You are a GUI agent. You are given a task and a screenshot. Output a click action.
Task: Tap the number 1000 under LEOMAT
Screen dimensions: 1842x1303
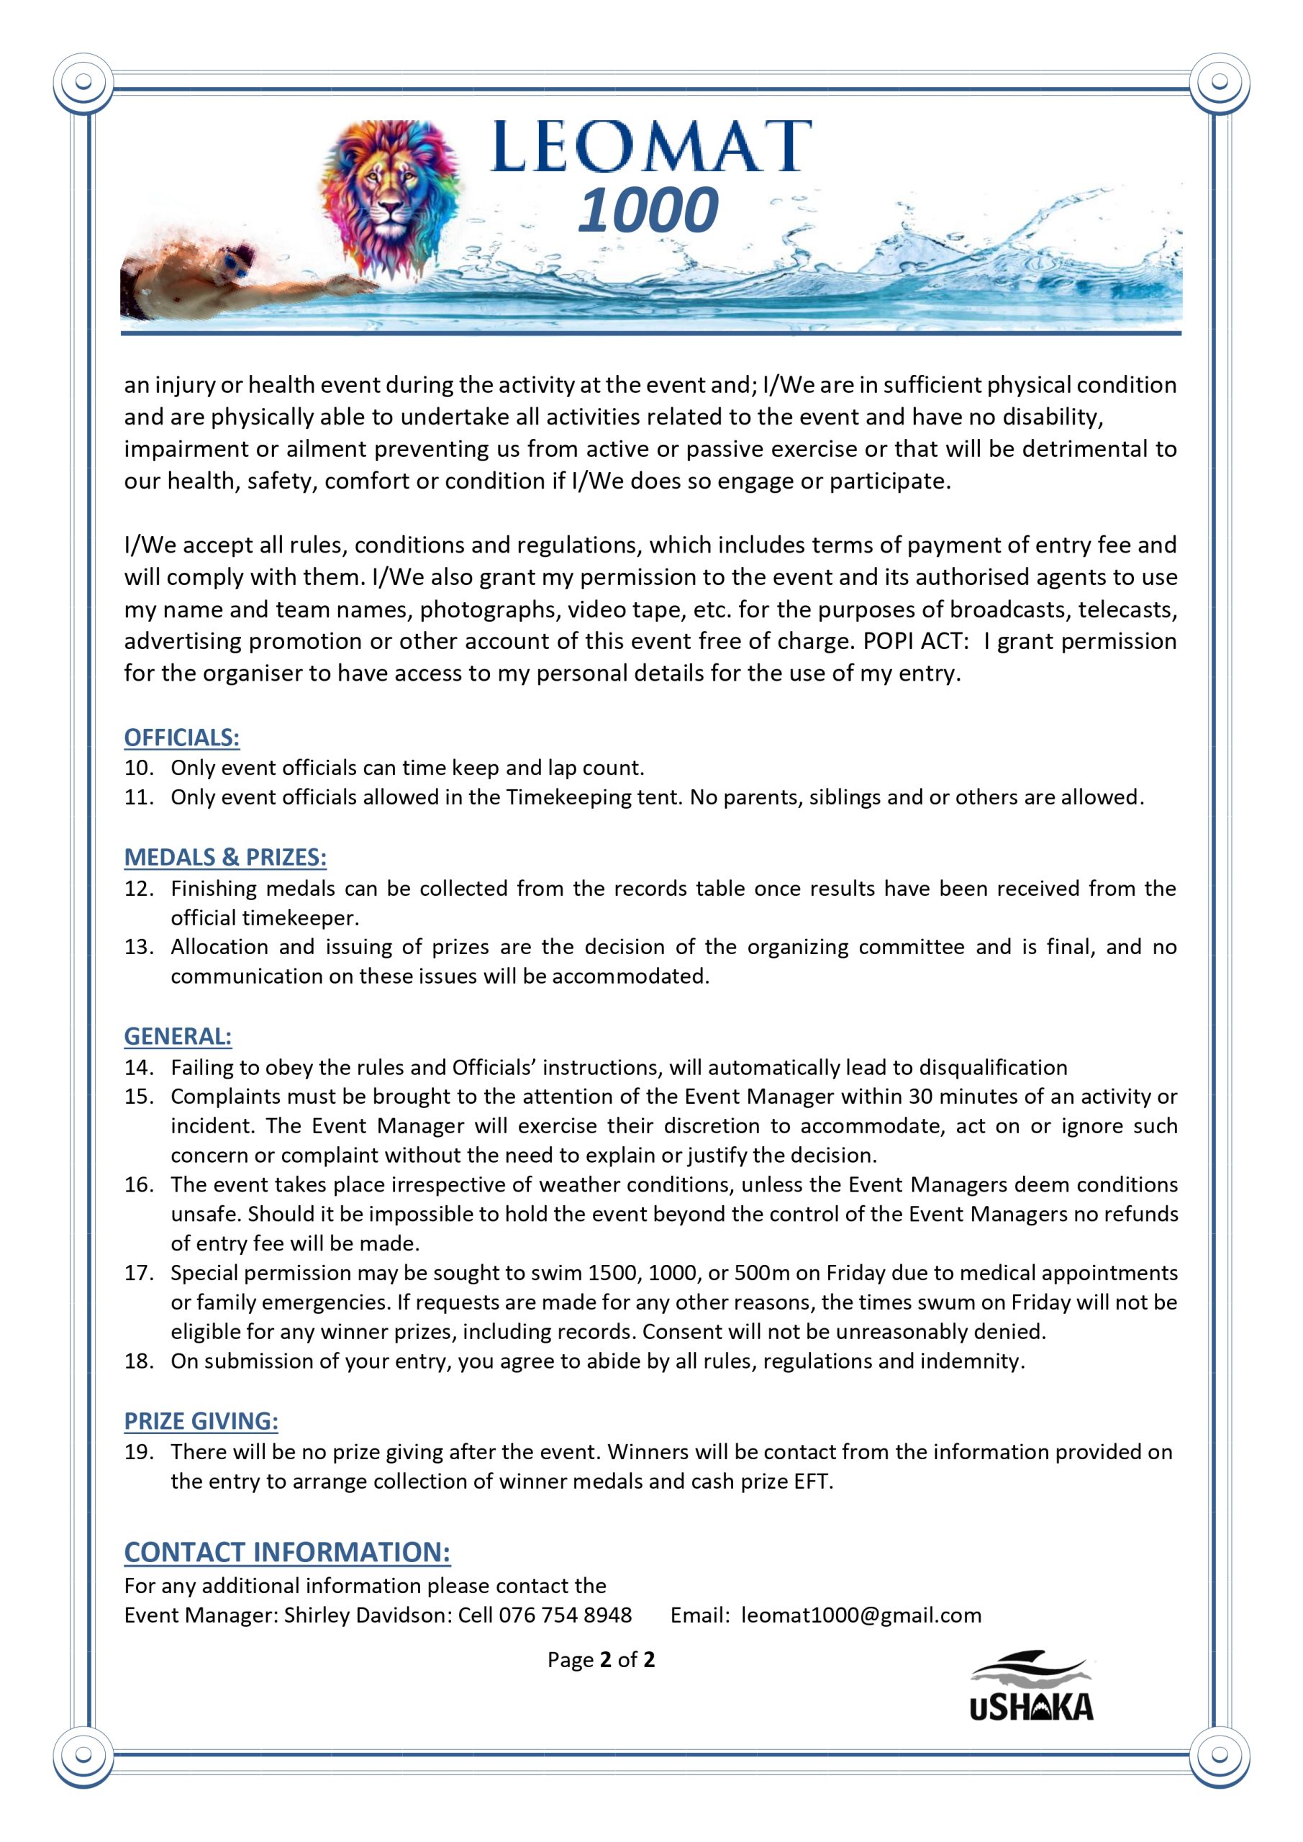648,210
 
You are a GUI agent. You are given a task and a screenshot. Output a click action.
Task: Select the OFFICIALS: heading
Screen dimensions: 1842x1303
181,738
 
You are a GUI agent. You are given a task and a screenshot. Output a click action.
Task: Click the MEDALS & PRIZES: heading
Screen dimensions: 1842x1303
224,858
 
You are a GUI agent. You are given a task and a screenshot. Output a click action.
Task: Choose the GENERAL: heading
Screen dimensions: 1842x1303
177,1037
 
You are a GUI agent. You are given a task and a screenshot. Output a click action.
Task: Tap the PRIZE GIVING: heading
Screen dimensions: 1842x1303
201,1421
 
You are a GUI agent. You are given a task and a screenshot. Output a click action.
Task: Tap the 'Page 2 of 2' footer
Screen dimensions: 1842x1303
601,1659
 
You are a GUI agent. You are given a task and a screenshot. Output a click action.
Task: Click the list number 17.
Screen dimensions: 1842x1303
138,1273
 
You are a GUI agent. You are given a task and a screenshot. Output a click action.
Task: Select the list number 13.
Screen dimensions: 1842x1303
138,948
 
